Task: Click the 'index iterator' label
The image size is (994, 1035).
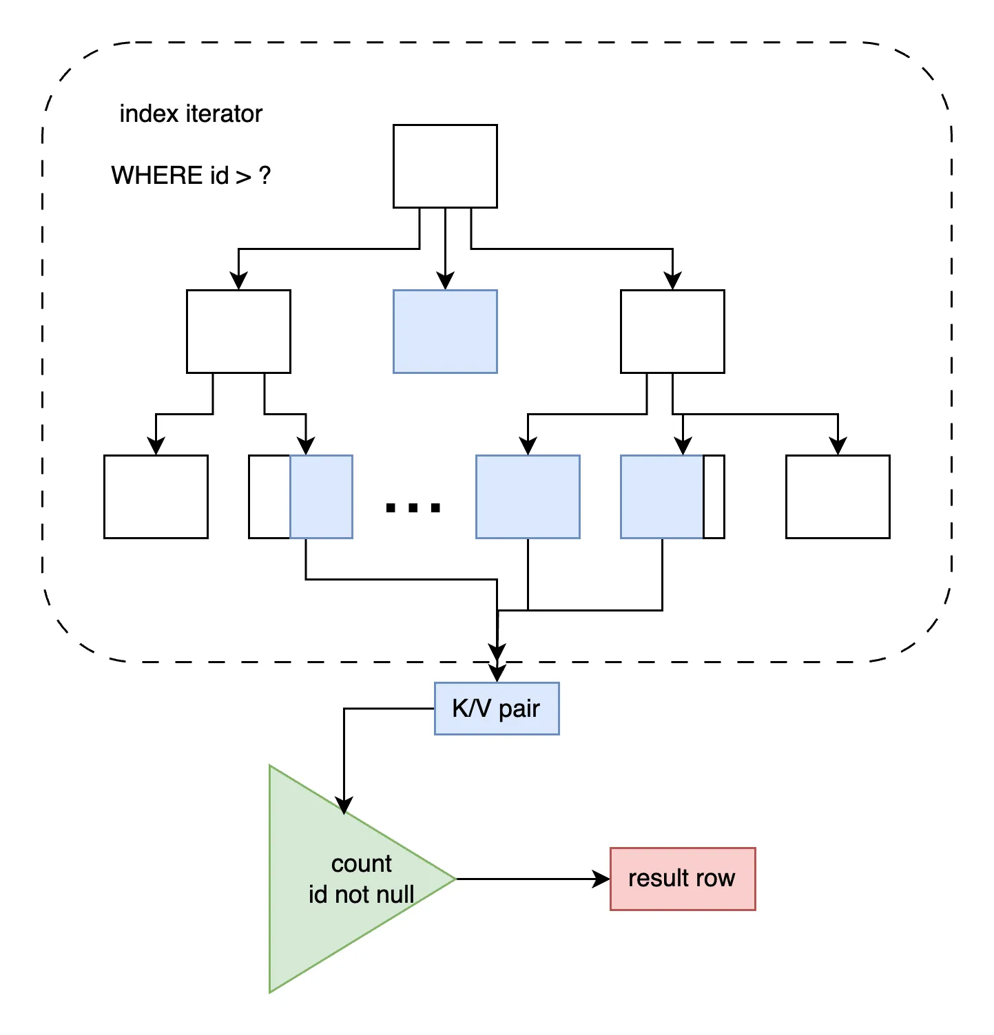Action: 191,114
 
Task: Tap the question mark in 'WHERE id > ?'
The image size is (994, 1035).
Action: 265,176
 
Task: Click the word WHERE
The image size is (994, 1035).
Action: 158,176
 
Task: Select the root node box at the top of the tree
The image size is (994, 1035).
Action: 445,166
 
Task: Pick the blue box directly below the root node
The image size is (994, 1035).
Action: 445,331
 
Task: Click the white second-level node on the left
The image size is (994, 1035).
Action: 238,331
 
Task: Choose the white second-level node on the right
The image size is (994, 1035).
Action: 672,331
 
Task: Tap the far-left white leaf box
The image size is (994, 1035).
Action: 156,496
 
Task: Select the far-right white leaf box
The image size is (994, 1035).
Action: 838,496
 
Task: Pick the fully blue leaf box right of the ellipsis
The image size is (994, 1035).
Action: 528,496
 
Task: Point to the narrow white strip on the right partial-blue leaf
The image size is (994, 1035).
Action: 714,496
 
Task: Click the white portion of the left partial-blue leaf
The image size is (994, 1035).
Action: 269,496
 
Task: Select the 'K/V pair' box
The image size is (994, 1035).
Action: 497,709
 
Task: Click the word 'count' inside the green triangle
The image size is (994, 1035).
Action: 361,864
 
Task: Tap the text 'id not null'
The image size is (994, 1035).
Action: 361,895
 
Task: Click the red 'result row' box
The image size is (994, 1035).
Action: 683,879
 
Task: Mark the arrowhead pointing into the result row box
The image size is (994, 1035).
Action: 602,879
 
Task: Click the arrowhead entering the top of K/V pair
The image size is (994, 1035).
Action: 497,673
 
